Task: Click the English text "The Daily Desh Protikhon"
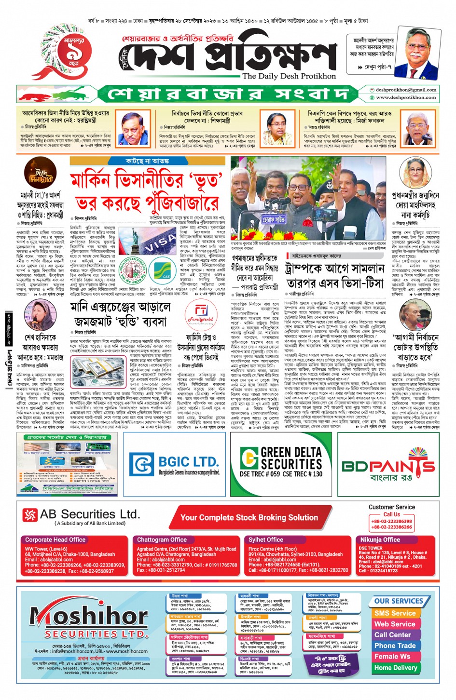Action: tap(289, 76)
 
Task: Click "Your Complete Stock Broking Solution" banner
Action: tap(249, 517)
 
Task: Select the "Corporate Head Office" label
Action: tap(55, 540)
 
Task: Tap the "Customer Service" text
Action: tap(391, 507)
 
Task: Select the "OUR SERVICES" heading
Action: tap(398, 601)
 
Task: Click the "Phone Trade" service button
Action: tap(395, 646)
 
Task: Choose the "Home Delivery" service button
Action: tap(396, 668)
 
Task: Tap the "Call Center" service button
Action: tap(392, 634)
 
